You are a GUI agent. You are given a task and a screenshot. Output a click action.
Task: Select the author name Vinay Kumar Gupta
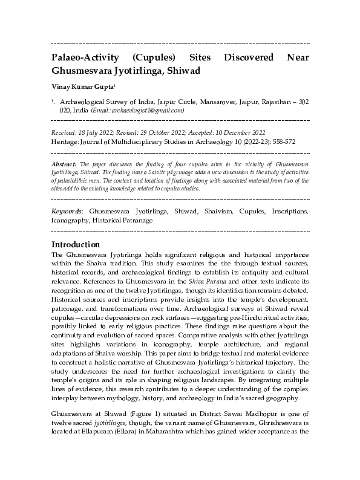pyautogui.click(x=80, y=87)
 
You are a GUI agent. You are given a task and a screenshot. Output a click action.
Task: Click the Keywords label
pyautogui.click(x=67, y=212)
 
